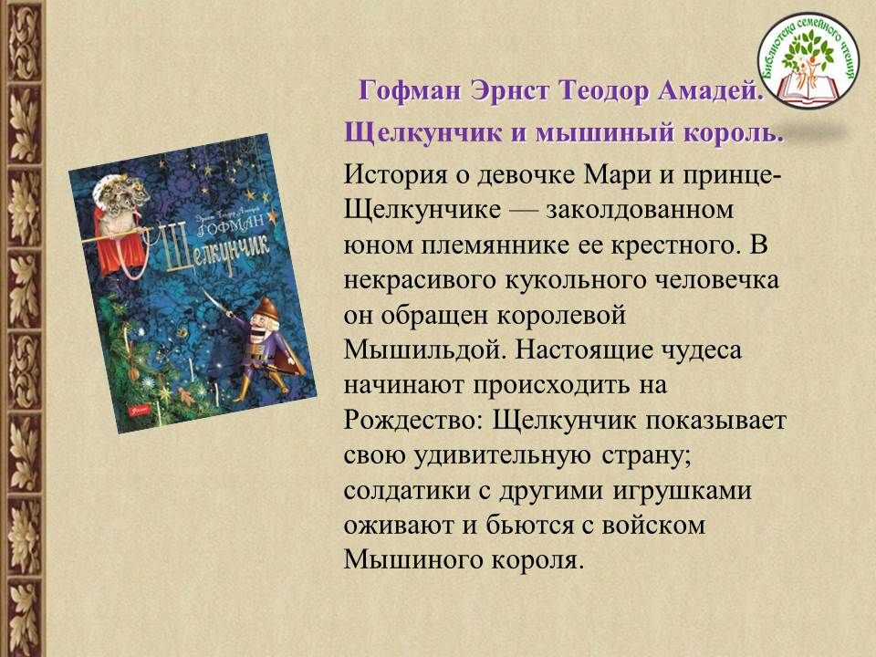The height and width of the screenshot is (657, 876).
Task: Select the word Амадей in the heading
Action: point(711,90)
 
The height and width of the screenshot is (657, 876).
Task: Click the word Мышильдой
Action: point(424,350)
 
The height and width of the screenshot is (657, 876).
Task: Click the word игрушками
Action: point(682,491)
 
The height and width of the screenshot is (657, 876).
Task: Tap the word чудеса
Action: point(701,350)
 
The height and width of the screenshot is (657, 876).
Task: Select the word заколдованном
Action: point(640,210)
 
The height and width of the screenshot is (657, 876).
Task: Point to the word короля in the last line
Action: point(538,560)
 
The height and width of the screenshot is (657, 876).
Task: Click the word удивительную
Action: point(502,456)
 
